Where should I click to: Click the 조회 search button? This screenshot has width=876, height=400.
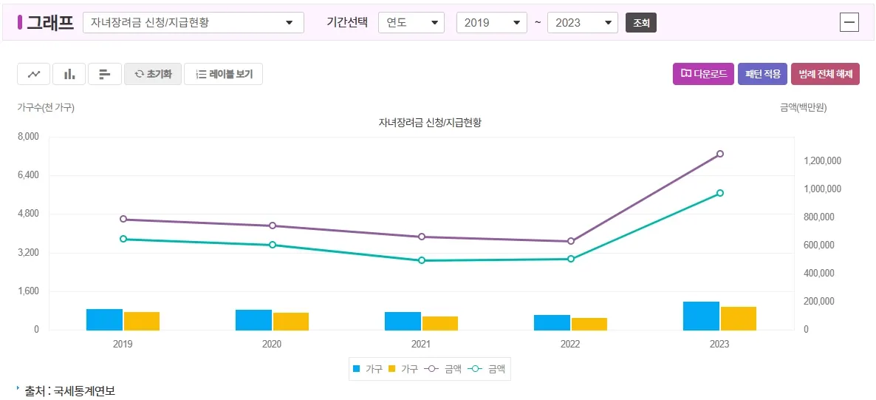pyautogui.click(x=640, y=23)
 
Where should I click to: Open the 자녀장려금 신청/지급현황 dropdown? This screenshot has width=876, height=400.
pyautogui.click(x=194, y=22)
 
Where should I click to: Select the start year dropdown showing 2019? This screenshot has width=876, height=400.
pyautogui.click(x=491, y=22)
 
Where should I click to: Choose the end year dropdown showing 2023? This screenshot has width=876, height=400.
pyautogui.click(x=582, y=22)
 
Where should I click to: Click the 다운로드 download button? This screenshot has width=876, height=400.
pyautogui.click(x=703, y=74)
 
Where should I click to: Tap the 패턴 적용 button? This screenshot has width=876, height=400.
pyautogui.click(x=763, y=74)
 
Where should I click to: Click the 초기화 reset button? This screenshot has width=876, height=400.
pyautogui.click(x=153, y=74)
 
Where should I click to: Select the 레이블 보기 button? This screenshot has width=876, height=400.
pyautogui.click(x=223, y=74)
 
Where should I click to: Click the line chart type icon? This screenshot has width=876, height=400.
pyautogui.click(x=34, y=74)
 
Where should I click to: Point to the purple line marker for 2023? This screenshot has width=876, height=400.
pyautogui.click(x=720, y=154)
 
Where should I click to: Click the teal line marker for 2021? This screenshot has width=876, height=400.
pyautogui.click(x=422, y=260)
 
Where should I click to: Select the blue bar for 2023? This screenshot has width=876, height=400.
pyautogui.click(x=701, y=316)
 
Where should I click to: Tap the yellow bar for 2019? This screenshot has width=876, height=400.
pyautogui.click(x=142, y=321)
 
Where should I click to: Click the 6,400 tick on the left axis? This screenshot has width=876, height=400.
pyautogui.click(x=29, y=175)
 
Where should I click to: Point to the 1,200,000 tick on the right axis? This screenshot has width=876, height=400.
pyautogui.click(x=823, y=161)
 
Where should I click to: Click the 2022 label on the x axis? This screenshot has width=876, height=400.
pyautogui.click(x=570, y=345)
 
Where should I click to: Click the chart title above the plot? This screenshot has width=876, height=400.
pyautogui.click(x=430, y=122)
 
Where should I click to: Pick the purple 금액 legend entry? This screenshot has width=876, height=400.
pyautogui.click(x=442, y=368)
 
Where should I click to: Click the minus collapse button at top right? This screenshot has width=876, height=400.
pyautogui.click(x=849, y=22)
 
